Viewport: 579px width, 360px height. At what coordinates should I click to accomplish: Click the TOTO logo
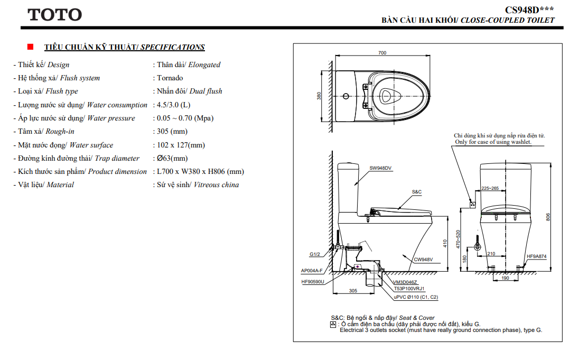coord(54,15)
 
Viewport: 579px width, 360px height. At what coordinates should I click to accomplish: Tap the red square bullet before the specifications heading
coord(30,47)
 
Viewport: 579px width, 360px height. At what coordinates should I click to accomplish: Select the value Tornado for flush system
coord(170,78)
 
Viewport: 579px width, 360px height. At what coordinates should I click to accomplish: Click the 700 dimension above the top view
coord(382,53)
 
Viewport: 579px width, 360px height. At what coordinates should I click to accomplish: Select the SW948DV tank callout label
coord(380,168)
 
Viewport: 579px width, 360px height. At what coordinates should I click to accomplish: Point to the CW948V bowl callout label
coord(423,259)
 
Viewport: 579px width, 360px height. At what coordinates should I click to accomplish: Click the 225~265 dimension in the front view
coord(490,188)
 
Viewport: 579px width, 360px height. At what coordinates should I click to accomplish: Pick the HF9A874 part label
coord(536,256)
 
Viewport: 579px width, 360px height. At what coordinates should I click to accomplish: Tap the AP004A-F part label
coord(312,271)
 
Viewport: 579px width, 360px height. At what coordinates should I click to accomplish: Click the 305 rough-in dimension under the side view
coord(353,291)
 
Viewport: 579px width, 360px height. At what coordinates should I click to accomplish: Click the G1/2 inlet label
coord(315,254)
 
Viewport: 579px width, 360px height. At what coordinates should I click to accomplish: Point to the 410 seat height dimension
coord(445,243)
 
